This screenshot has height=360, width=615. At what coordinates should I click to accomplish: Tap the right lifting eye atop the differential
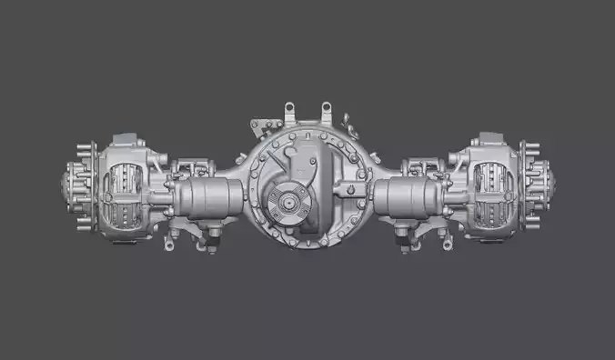(325, 112)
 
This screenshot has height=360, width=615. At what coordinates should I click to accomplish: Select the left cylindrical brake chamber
(212, 197)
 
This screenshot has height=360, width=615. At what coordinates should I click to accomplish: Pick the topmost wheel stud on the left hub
(85, 146)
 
